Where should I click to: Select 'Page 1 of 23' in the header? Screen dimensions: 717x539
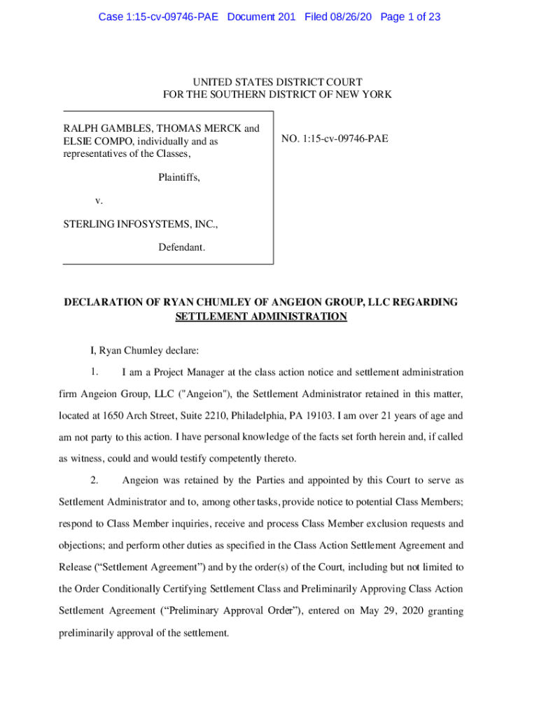coord(410,17)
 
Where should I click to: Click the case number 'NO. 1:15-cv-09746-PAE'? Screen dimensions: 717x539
coord(335,139)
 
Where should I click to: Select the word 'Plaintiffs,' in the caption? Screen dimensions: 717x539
coord(179,178)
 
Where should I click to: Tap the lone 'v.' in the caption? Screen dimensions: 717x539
coord(99,201)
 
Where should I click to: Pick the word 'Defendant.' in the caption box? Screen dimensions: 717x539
coord(181,248)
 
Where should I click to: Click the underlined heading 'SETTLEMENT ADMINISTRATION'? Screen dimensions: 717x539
coord(260,316)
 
